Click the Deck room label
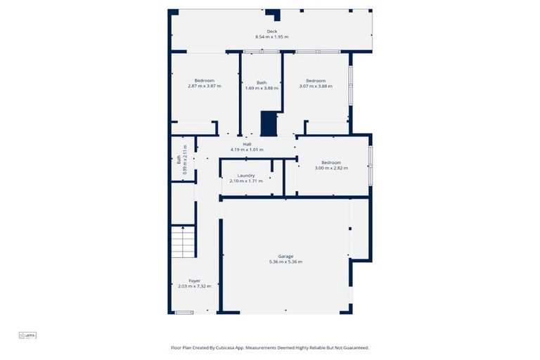click(x=271, y=32)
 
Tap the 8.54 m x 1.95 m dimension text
click(x=271, y=37)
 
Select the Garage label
click(x=285, y=257)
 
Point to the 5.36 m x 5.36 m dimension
click(x=285, y=262)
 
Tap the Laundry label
click(x=246, y=175)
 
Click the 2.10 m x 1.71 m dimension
click(x=246, y=181)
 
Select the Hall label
click(x=247, y=144)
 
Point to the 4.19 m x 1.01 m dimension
click(x=247, y=150)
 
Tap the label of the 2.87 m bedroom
click(x=205, y=81)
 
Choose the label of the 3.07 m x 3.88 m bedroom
click(x=316, y=81)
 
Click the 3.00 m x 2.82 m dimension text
click(x=331, y=168)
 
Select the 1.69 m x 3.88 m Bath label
click(x=262, y=83)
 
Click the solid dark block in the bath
click(x=269, y=123)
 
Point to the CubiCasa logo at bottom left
click(x=27, y=335)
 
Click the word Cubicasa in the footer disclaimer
click(x=245, y=347)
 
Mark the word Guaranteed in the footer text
click(x=354, y=347)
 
